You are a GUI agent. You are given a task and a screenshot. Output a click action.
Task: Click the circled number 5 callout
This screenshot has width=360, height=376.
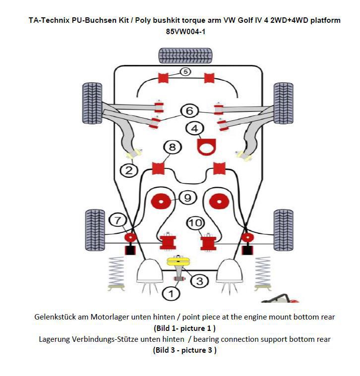(x=184, y=72)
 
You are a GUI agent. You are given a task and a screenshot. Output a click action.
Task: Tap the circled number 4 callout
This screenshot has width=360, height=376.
(x=194, y=128)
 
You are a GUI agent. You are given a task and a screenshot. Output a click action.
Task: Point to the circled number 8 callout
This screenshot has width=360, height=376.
(x=172, y=147)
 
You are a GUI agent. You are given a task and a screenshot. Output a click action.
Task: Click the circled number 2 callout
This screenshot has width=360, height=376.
(x=129, y=170)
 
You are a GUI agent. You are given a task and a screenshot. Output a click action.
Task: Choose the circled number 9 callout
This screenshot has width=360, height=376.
(x=187, y=198)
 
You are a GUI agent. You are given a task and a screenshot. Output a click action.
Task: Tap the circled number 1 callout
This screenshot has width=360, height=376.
(x=171, y=293)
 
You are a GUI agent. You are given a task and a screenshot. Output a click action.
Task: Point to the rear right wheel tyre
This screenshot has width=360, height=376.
(x=283, y=226)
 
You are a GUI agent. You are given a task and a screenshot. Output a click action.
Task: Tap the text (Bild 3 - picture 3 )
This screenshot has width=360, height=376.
(x=184, y=350)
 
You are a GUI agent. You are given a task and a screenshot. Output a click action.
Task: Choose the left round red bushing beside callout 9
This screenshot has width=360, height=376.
(x=161, y=202)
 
